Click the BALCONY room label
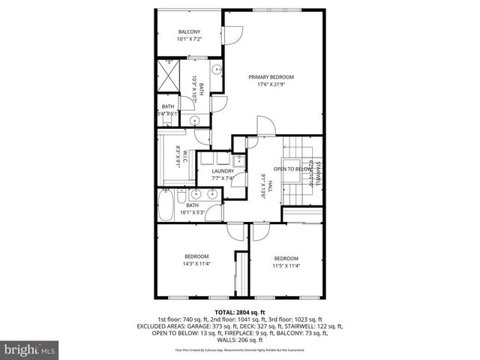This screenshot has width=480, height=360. click(188, 31)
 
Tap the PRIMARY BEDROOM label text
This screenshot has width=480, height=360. click(271, 77)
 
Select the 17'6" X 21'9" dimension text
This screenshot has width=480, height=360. click(271, 85)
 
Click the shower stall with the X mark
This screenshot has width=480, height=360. click(169, 76)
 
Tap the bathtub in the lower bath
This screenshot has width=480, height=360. click(166, 202)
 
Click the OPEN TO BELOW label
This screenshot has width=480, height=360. click(292, 169)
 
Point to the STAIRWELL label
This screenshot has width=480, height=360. click(318, 173)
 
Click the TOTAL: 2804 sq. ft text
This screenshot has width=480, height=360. click(240, 312)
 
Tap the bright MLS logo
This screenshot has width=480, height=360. click(29, 349)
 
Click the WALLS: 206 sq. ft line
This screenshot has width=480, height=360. click(240, 340)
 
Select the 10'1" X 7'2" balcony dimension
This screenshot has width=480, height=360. click(188, 38)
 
